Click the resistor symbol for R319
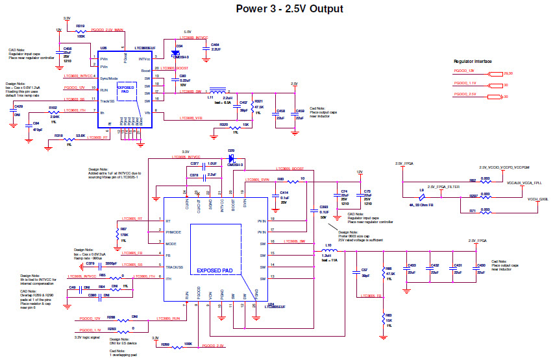pyautogui.click(x=80, y=30)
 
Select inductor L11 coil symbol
pyautogui.click(x=219, y=91)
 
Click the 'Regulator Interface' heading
pyautogui.click(x=473, y=61)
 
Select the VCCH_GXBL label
pyautogui.click(x=538, y=199)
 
